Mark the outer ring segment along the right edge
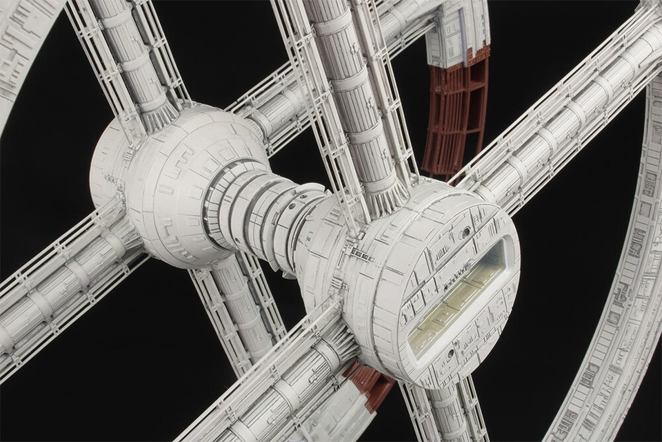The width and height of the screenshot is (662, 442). tap(621, 297)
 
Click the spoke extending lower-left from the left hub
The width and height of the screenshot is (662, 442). tap(62, 276)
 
